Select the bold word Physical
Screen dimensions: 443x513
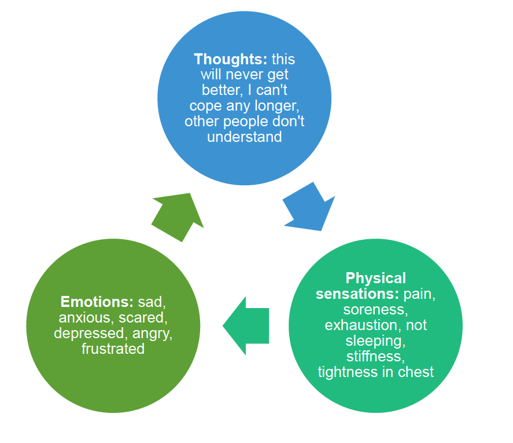(375, 278)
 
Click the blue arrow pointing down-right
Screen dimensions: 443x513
(307, 208)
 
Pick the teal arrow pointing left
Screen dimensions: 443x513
(245, 325)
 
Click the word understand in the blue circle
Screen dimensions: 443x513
(245, 137)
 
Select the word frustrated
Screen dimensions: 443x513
(113, 349)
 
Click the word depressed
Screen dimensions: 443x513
(87, 333)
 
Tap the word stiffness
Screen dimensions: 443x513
(375, 356)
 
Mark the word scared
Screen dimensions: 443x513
(143, 317)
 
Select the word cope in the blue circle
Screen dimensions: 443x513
(205, 107)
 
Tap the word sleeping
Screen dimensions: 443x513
(375, 341)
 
